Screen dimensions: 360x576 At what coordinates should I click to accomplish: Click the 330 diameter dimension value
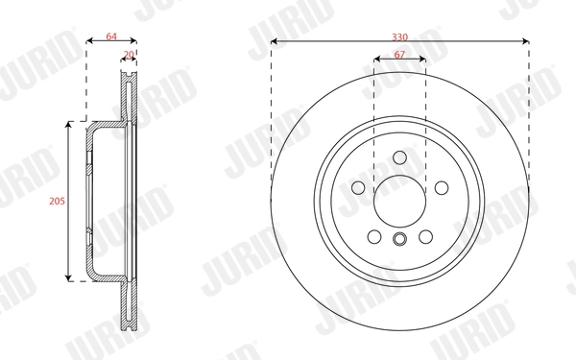point(399,35)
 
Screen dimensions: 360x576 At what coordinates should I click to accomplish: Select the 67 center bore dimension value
point(399,55)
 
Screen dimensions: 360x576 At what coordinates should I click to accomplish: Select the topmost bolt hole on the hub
point(399,160)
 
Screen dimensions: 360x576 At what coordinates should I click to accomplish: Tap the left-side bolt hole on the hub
point(359,189)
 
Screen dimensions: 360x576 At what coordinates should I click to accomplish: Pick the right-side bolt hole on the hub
point(440,189)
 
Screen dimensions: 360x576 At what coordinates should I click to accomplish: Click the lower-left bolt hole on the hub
point(374,235)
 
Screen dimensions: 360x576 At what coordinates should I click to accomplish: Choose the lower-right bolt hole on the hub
point(424,235)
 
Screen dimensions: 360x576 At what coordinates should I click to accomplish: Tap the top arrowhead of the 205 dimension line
point(68,126)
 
